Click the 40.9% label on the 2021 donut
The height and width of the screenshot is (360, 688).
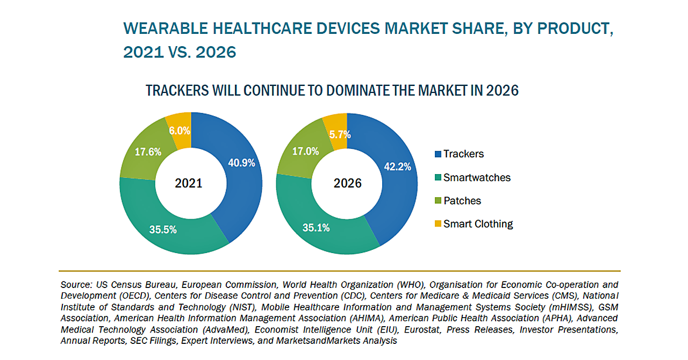(x=241, y=163)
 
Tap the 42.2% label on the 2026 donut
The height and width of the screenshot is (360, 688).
(x=398, y=167)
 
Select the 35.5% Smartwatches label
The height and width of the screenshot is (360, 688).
(x=163, y=230)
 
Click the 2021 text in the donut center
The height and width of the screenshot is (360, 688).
(x=189, y=183)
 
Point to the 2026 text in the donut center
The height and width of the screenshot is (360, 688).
(x=347, y=183)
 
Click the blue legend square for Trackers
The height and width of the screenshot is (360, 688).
(x=438, y=154)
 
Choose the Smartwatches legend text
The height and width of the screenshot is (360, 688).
(x=477, y=177)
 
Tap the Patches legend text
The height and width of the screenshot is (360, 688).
(x=462, y=200)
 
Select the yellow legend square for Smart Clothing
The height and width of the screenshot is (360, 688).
(x=438, y=224)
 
